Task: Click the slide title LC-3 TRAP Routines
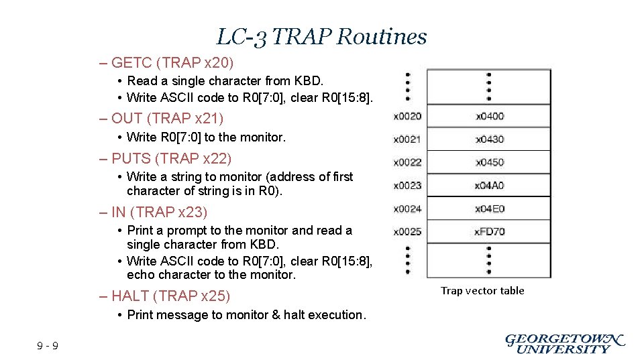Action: click(321, 36)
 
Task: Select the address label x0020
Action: click(407, 117)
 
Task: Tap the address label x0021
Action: click(407, 139)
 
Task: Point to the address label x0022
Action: click(407, 162)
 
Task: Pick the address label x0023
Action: click(407, 186)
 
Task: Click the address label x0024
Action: click(407, 208)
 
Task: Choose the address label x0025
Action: click(407, 232)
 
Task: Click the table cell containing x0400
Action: click(489, 117)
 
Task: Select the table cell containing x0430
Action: click(489, 139)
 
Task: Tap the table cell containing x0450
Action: click(489, 162)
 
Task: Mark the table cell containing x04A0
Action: click(489, 186)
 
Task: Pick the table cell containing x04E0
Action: click(489, 208)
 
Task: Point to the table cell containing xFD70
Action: click(489, 232)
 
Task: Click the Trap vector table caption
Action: click(482, 291)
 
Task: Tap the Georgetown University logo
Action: click(564, 343)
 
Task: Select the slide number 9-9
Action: click(48, 346)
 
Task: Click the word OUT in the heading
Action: click(127, 119)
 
